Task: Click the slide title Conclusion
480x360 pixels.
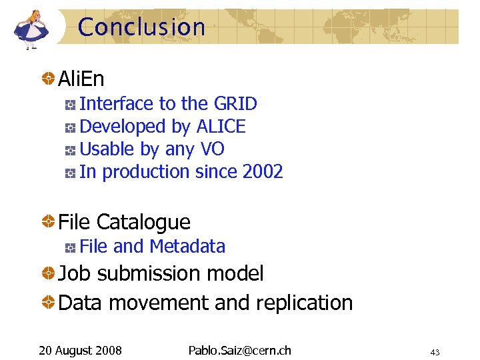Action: click(141, 27)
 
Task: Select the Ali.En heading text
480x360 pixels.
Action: click(81, 79)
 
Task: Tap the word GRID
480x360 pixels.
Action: click(235, 104)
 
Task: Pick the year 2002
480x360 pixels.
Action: click(263, 172)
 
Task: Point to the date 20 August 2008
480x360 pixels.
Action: click(79, 350)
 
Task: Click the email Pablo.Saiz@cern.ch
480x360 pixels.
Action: click(239, 350)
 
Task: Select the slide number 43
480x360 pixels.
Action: click(435, 352)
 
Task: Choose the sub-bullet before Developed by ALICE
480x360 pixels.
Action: click(70, 127)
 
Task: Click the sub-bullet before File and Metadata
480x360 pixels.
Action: click(70, 247)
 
